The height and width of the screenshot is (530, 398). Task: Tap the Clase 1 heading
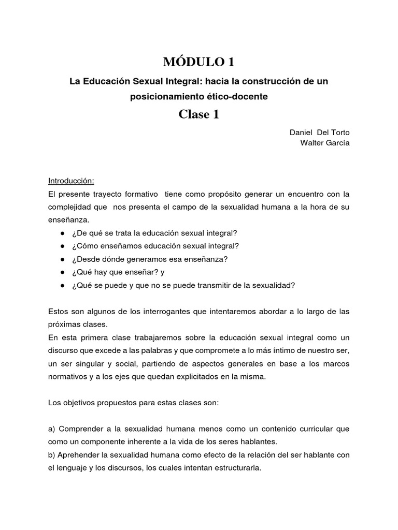199,114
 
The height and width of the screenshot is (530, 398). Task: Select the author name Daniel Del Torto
319,132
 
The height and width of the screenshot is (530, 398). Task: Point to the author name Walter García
325,143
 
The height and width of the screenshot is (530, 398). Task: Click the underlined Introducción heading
71,181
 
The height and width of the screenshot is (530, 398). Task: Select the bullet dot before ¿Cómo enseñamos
62,245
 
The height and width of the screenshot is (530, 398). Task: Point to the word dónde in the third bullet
123,258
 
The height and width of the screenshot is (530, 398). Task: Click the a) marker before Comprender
52,429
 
